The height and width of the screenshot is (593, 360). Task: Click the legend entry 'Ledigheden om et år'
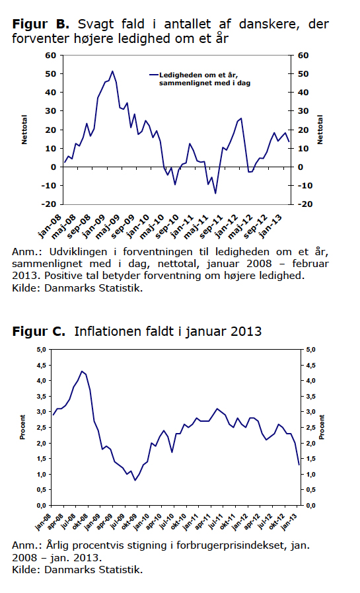(198, 75)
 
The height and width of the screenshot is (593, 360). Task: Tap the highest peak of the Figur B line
(112, 71)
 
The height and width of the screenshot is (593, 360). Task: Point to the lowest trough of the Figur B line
(215, 194)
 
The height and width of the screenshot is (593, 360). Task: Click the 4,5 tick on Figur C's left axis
(41, 366)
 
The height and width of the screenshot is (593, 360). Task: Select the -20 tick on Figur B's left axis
(50, 204)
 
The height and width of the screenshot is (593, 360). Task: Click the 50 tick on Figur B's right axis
(303, 74)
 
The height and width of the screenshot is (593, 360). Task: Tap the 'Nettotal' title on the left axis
(24, 130)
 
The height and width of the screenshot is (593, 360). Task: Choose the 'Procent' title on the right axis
(322, 427)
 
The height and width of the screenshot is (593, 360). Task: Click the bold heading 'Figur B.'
(41, 24)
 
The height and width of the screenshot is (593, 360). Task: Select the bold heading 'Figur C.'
(38, 332)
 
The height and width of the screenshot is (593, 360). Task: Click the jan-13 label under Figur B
(270, 226)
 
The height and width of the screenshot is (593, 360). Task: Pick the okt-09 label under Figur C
(129, 523)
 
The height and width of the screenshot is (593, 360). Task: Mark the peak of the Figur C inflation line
(82, 371)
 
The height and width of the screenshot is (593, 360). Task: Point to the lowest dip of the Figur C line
(135, 481)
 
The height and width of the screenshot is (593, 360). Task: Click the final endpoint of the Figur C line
(299, 465)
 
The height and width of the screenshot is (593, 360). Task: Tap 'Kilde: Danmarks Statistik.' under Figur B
(77, 288)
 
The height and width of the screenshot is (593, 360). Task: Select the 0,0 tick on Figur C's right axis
(310, 506)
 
